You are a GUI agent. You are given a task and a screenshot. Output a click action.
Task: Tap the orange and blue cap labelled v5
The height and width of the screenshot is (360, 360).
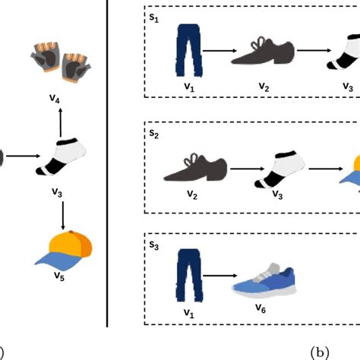[64, 252]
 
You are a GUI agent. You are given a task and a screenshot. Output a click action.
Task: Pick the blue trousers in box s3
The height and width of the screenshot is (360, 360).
[185, 275]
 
